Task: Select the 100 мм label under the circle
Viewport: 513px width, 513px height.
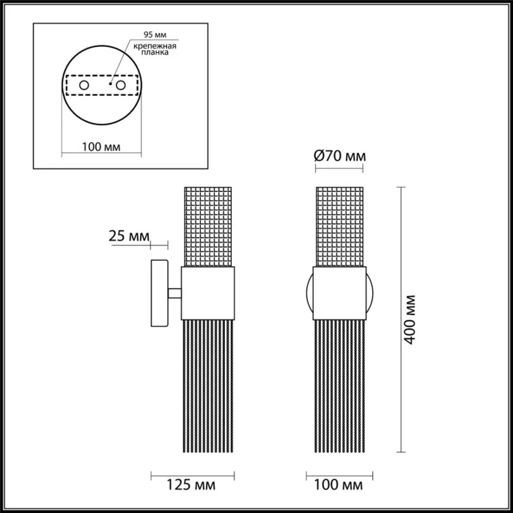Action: pos(102,147)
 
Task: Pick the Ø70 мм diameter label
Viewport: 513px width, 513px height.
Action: pos(339,155)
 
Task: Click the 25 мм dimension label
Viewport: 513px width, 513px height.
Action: pos(128,236)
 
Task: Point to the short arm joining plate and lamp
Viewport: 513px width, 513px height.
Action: pos(174,294)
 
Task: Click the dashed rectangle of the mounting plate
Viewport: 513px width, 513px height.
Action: pos(102,75)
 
